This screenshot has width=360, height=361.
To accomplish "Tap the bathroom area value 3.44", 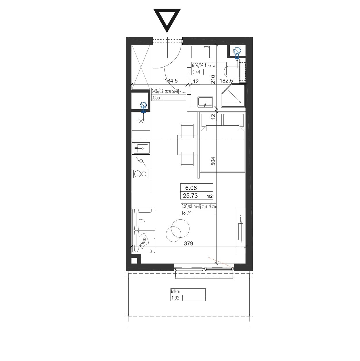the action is click(196, 72).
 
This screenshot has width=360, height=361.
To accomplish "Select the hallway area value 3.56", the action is click(156, 98).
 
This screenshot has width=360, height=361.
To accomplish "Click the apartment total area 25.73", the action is click(190, 195).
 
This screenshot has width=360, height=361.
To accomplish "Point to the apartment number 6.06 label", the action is click(191, 188).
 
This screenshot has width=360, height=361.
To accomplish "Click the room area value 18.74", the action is click(186, 213).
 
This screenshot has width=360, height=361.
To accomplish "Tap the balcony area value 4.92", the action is click(175, 298).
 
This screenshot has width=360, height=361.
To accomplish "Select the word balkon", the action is click(175, 291).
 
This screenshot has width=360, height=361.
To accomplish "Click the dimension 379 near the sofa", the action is click(188, 243).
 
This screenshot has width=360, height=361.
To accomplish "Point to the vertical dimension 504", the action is click(213, 161).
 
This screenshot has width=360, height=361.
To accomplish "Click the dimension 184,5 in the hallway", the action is click(171, 81).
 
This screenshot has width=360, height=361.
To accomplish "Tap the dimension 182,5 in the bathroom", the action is click(226, 81).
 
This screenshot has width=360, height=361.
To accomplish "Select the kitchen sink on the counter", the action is click(142, 149).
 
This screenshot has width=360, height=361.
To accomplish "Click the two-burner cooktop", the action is click(141, 174).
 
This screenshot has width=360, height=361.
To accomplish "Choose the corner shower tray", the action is click(233, 96).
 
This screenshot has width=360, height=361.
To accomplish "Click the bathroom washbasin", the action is click(205, 102).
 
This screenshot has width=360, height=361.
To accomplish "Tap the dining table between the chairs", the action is click(187, 145).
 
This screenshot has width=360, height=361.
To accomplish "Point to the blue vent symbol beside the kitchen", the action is click(143, 107).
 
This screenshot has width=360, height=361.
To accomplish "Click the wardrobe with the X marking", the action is click(141, 65).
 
